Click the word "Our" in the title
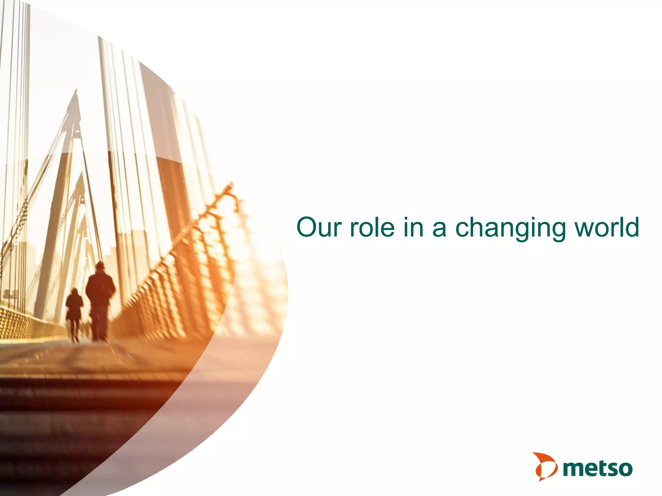click(319, 227)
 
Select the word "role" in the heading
click(372, 227)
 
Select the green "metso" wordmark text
click(598, 468)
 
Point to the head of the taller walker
click(100, 266)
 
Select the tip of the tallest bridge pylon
click(77, 90)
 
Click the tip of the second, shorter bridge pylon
click(82, 173)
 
